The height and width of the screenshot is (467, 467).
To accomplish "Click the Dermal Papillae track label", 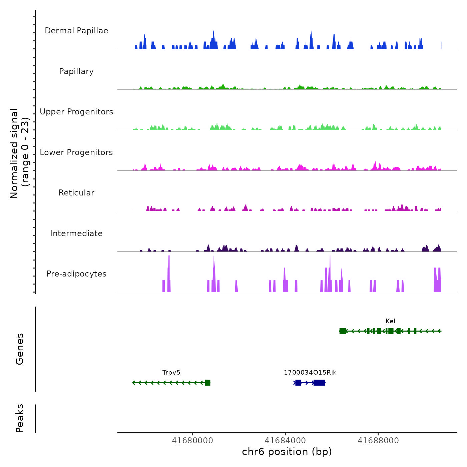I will tap(76, 31).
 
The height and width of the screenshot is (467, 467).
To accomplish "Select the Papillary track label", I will tap(76, 71).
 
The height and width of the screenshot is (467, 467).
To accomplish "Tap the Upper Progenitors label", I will tap(76, 112).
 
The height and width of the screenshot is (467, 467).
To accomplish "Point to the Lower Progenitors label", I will tap(76, 152).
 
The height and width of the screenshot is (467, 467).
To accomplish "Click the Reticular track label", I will tap(76, 193).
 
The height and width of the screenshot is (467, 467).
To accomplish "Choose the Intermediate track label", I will tap(76, 233).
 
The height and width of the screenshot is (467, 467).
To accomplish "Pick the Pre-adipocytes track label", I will tap(76, 274).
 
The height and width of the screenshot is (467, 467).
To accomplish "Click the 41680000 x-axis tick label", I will tap(192, 441).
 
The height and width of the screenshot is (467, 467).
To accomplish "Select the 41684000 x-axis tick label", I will tap(285, 441).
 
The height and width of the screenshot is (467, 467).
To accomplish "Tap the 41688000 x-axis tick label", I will tap(378, 441).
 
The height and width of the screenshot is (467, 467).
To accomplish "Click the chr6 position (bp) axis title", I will tap(287, 452).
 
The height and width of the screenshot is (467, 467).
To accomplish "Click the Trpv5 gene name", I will tap(171, 373).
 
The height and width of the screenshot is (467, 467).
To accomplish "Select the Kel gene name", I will tap(390, 321).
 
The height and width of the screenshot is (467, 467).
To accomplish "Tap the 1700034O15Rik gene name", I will tap(310, 373).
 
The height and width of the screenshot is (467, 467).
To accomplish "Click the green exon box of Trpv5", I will tap(207, 383).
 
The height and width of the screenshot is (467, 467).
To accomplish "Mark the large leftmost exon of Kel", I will tap(343, 331).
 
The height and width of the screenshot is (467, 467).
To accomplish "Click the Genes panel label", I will tap(20, 349).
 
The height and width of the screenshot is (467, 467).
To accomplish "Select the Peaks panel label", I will tap(20, 418).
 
